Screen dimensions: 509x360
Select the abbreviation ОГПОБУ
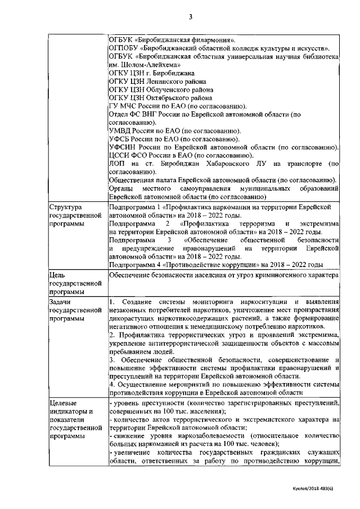coord(122,49)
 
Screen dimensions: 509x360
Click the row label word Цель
coord(58,275)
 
